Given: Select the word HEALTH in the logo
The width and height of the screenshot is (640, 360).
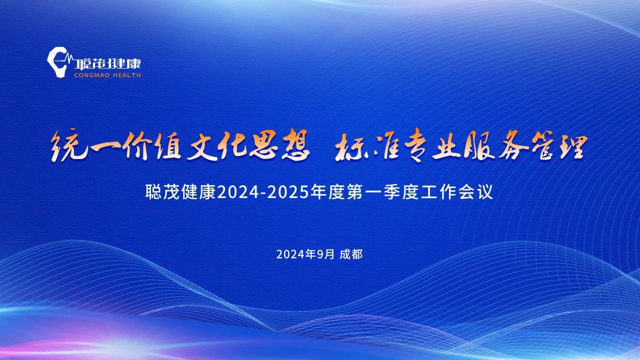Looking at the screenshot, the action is pyautogui.click(x=127, y=75).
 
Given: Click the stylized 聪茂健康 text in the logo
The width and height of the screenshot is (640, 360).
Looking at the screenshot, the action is pyautogui.click(x=107, y=63).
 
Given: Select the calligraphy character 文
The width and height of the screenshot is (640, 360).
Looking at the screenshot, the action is pyautogui.click(x=201, y=145).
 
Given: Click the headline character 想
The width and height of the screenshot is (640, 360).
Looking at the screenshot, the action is pyautogui.click(x=295, y=144).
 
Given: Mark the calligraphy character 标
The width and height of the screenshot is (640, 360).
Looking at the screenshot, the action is pyautogui.click(x=350, y=147).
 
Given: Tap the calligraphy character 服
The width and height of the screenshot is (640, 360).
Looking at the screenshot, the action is pyautogui.click(x=479, y=145).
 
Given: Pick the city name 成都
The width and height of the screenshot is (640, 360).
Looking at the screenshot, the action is pyautogui.click(x=351, y=254).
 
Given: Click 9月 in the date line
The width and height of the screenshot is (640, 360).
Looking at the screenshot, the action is pyautogui.click(x=325, y=254).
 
